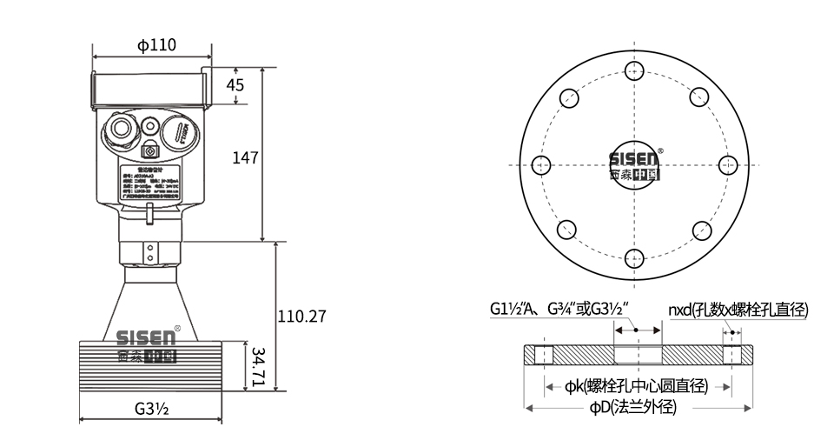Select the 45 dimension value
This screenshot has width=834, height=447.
tap(235, 84)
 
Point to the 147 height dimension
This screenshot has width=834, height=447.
tap(246, 157)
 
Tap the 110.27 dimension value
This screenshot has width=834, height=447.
tap(301, 317)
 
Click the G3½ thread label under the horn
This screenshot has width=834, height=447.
tap(151, 408)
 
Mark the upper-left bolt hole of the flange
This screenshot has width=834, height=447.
tap(569, 97)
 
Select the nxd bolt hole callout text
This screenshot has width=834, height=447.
tap(738, 310)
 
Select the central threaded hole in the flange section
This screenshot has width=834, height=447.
tap(637, 356)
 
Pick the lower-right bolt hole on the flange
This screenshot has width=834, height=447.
tap(701, 230)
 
